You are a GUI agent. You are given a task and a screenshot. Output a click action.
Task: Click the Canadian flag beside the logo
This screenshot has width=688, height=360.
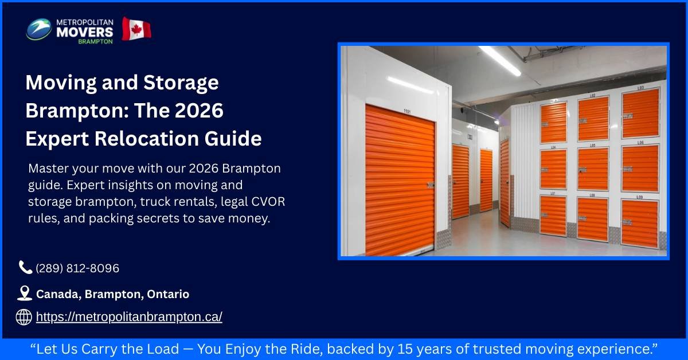[x=136, y=29]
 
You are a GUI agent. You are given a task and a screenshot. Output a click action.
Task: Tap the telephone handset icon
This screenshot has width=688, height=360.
[x=25, y=267]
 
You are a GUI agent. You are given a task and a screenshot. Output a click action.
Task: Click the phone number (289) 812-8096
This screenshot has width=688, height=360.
[x=77, y=268]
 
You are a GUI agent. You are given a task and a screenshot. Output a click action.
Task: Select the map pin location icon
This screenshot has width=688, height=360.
[x=24, y=294]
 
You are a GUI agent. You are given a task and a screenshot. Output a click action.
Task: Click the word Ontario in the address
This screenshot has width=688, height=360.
[x=168, y=294]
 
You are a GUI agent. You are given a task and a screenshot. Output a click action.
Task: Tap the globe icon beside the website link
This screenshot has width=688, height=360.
[x=24, y=317]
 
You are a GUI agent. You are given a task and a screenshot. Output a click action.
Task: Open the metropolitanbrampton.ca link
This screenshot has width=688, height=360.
[x=129, y=317]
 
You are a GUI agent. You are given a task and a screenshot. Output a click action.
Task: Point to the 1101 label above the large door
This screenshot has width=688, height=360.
[x=407, y=112]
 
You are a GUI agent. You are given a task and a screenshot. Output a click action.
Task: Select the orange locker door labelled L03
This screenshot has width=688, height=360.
[x=640, y=114]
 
